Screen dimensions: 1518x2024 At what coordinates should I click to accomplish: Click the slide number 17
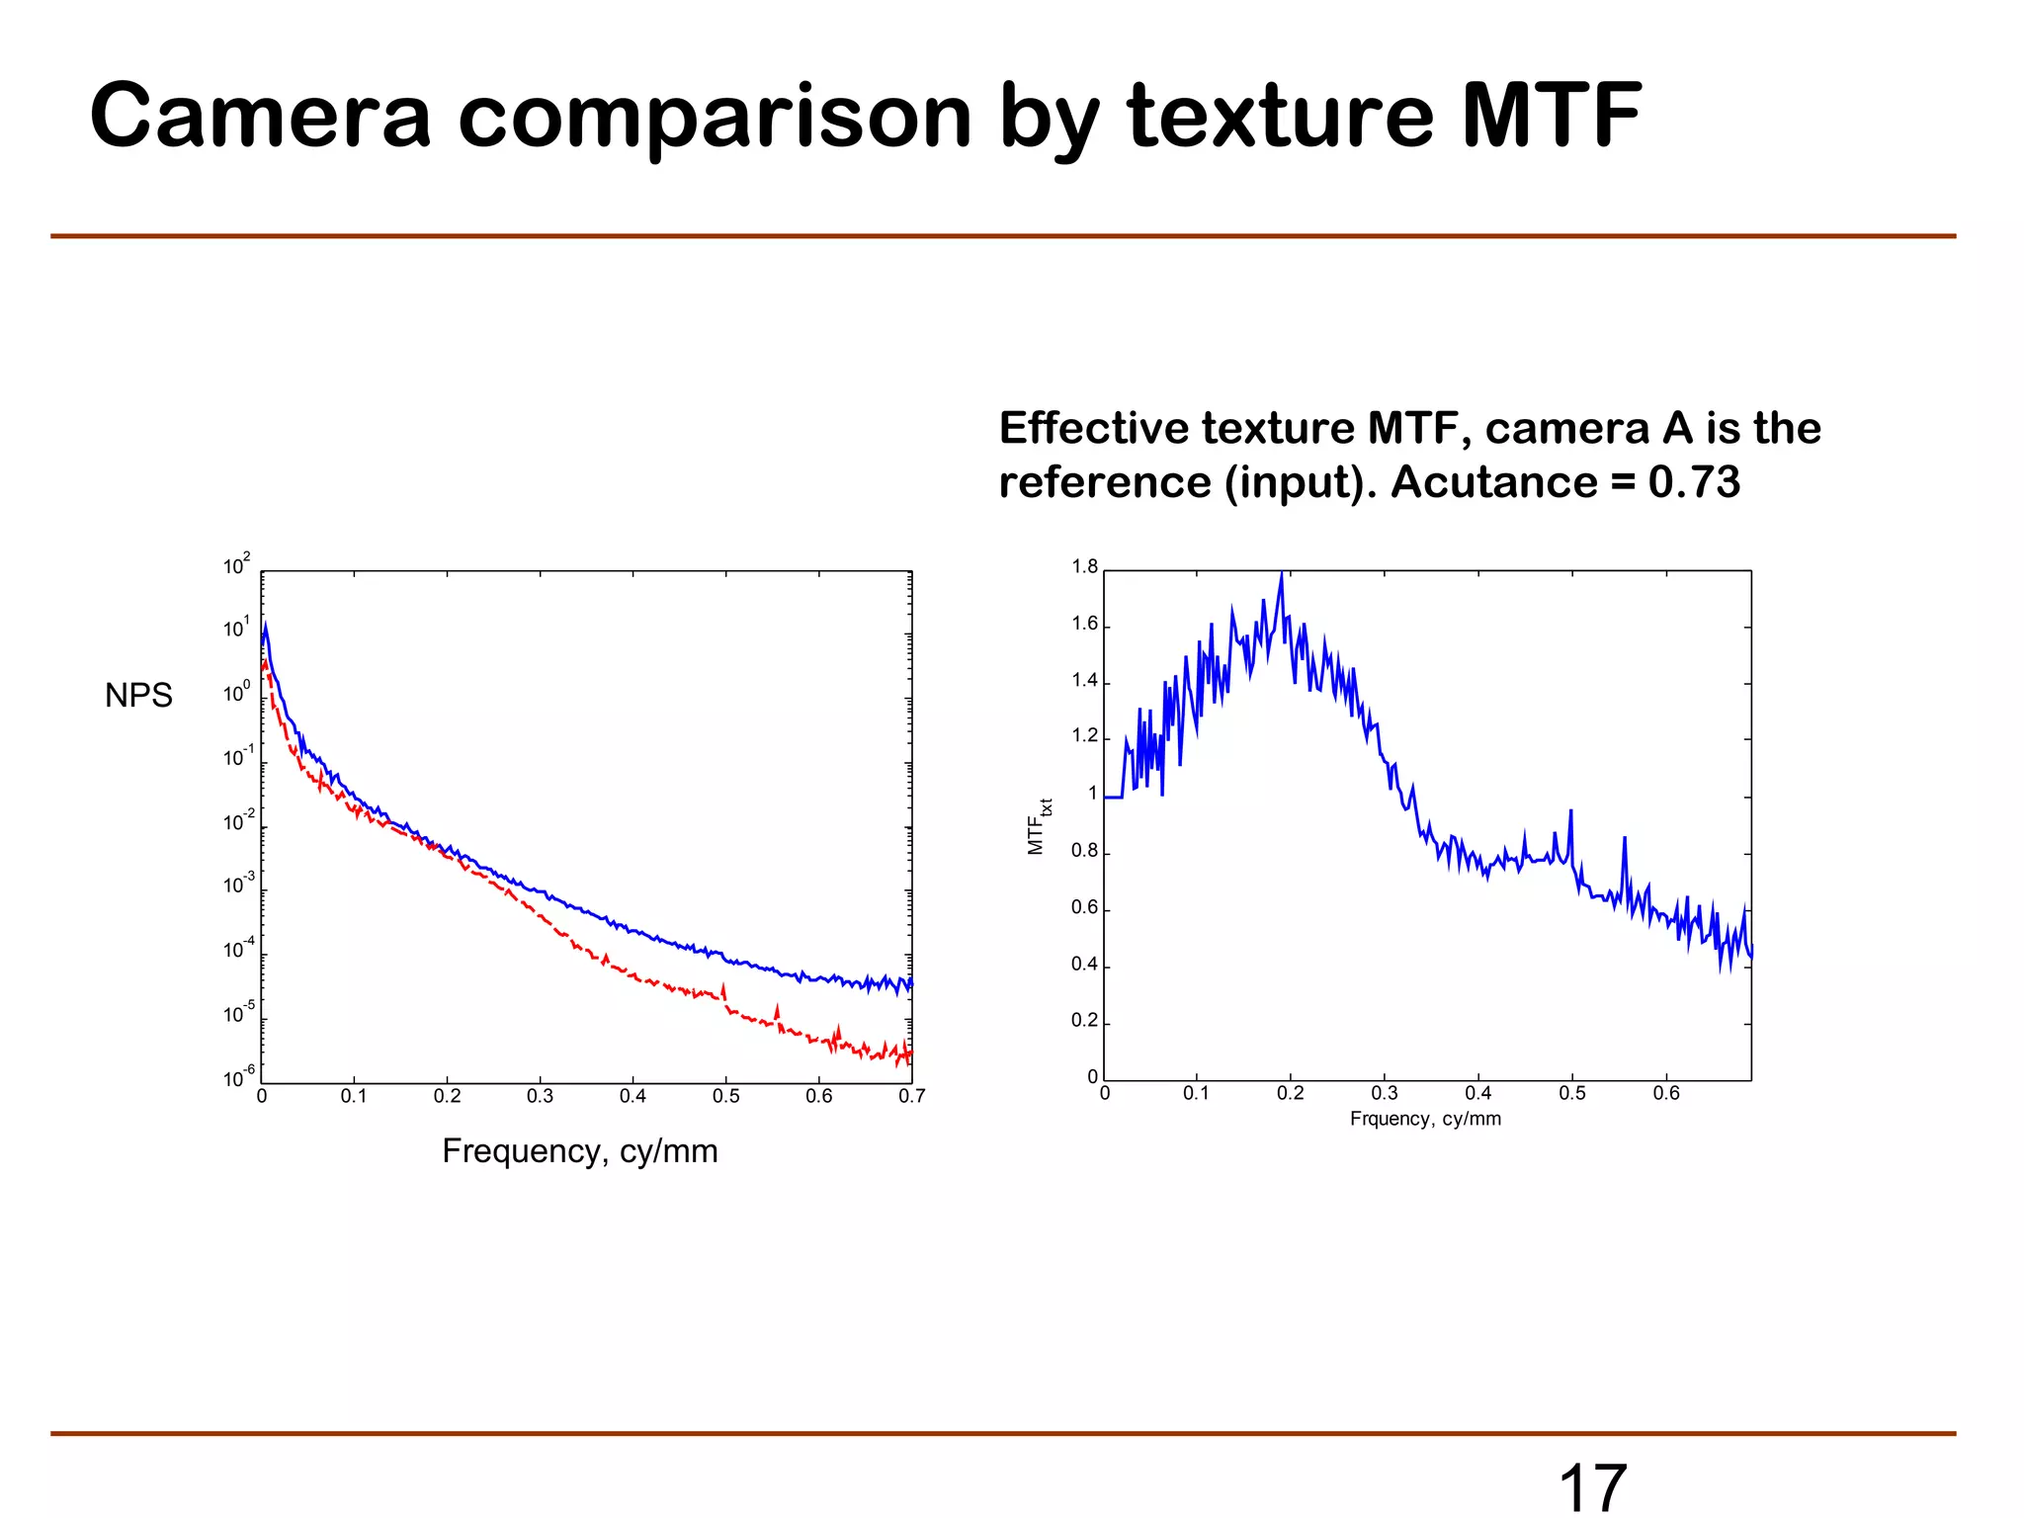click(1592, 1487)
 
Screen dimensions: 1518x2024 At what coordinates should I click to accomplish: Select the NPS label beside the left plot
click(138, 696)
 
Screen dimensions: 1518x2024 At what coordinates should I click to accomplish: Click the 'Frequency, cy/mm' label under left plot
click(580, 1151)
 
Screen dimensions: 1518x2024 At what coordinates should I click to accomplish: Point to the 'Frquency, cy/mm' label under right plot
click(1425, 1119)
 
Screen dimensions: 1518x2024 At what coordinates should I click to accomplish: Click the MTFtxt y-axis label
click(1038, 826)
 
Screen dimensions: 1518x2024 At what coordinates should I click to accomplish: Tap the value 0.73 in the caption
click(1694, 482)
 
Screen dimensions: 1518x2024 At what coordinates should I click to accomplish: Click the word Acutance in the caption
click(1493, 482)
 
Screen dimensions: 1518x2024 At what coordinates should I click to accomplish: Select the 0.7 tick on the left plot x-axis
click(911, 1096)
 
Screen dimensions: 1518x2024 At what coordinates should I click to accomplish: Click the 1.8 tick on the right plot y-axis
click(1084, 567)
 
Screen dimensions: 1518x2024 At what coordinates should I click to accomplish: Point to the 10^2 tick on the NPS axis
click(236, 565)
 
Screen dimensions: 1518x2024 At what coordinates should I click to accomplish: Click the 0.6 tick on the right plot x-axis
click(1666, 1093)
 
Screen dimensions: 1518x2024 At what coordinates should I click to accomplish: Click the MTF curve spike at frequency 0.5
click(1570, 813)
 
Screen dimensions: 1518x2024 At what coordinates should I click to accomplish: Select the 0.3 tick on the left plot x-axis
click(540, 1096)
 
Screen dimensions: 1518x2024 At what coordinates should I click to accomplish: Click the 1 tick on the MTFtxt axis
click(1092, 794)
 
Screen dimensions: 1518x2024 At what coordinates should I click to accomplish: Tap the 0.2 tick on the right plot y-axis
click(1084, 1021)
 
